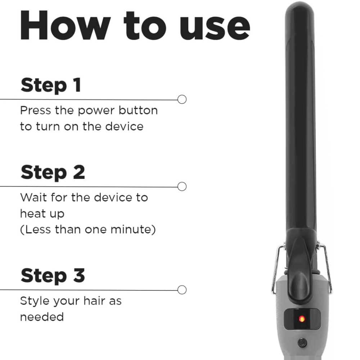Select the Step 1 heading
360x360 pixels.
click(51, 85)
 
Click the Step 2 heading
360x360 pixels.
click(53, 172)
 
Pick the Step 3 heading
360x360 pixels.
click(53, 275)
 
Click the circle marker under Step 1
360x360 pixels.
click(182, 99)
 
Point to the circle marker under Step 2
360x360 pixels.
click(182, 186)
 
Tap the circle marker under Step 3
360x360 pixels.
click(182, 290)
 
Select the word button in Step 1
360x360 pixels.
click(138, 111)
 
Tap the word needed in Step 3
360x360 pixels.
click(42, 317)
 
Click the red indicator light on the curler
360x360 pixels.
click(302, 319)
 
